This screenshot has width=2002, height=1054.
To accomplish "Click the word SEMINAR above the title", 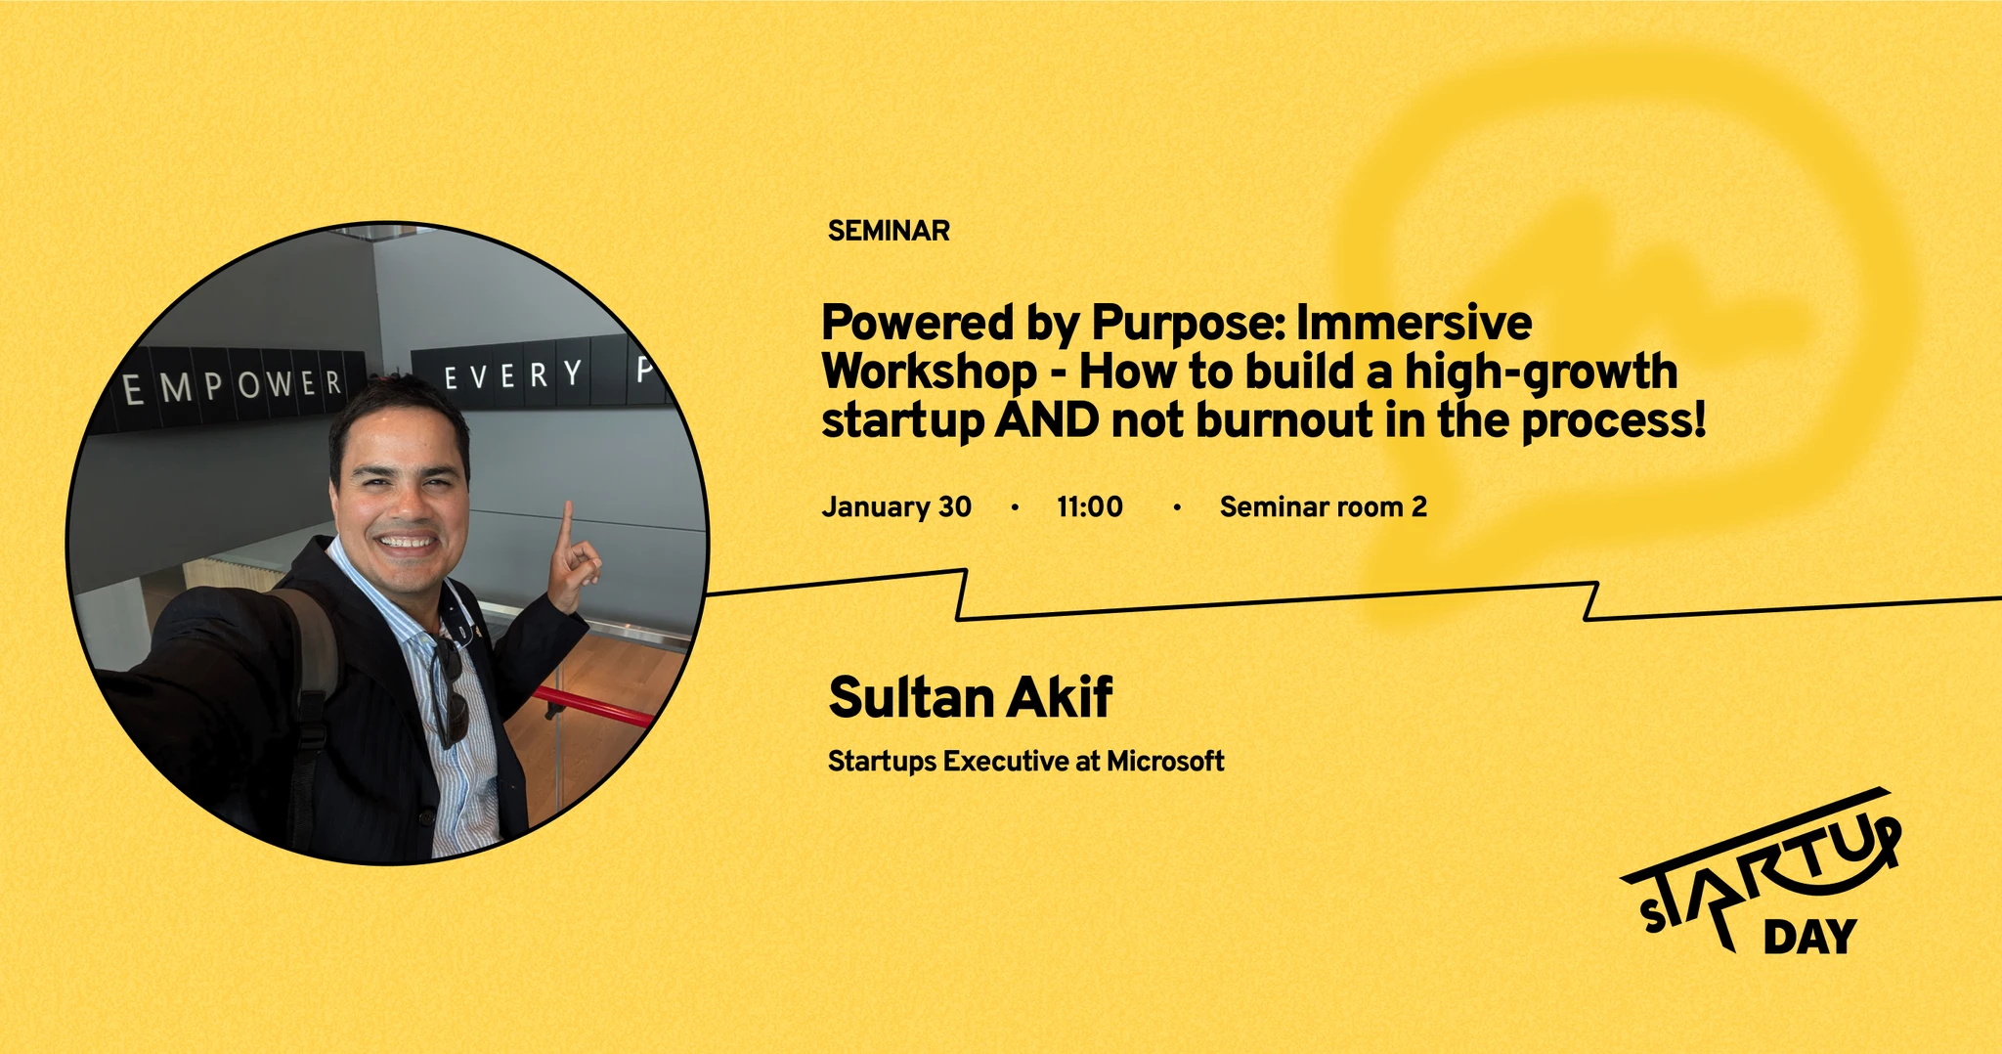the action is click(889, 231).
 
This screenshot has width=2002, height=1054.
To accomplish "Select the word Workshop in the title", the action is click(929, 373).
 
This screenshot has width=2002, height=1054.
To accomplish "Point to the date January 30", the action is click(896, 506).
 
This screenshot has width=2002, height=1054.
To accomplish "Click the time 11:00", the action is click(1090, 506).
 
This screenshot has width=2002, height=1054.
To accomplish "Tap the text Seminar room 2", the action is click(1324, 506).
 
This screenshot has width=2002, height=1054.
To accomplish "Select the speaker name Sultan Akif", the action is click(970, 697).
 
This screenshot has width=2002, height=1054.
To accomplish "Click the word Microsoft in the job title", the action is click(1165, 761).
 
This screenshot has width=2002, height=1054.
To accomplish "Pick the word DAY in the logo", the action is click(1809, 937).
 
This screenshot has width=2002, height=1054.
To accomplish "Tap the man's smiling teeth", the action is click(408, 541).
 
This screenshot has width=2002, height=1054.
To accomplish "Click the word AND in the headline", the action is click(1047, 420).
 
